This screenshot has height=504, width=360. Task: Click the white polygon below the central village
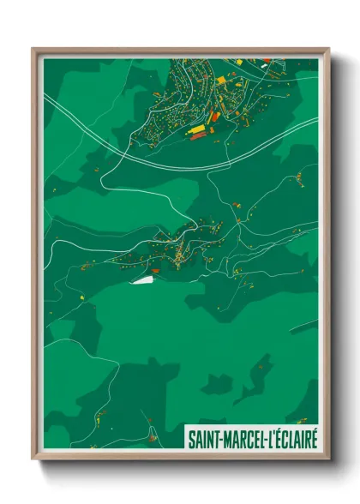coord(141,279)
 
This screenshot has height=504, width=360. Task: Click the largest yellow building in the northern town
coord(197,129)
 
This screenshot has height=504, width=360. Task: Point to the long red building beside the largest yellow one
coord(198,136)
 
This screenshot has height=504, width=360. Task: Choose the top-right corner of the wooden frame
coord(328,49)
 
